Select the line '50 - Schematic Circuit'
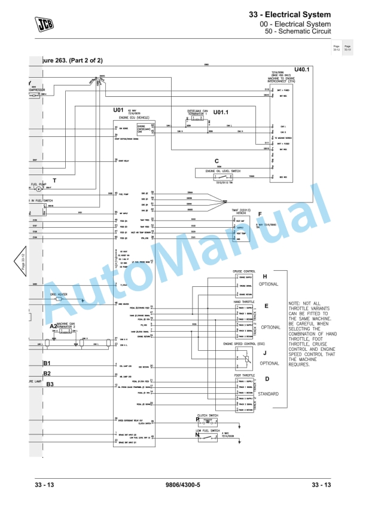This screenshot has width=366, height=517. coord(295,32)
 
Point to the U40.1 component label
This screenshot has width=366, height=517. coord(303,70)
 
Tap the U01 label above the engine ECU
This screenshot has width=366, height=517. coord(118,110)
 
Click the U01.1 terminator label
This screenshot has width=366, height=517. coord(221,112)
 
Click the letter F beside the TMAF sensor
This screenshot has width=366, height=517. coord(260,214)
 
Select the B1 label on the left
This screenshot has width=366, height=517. coord(47,363)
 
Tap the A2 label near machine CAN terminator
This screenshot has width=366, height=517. coord(53,326)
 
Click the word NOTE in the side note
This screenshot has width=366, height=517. coord(294,304)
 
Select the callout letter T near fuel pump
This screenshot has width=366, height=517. coord(54,180)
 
